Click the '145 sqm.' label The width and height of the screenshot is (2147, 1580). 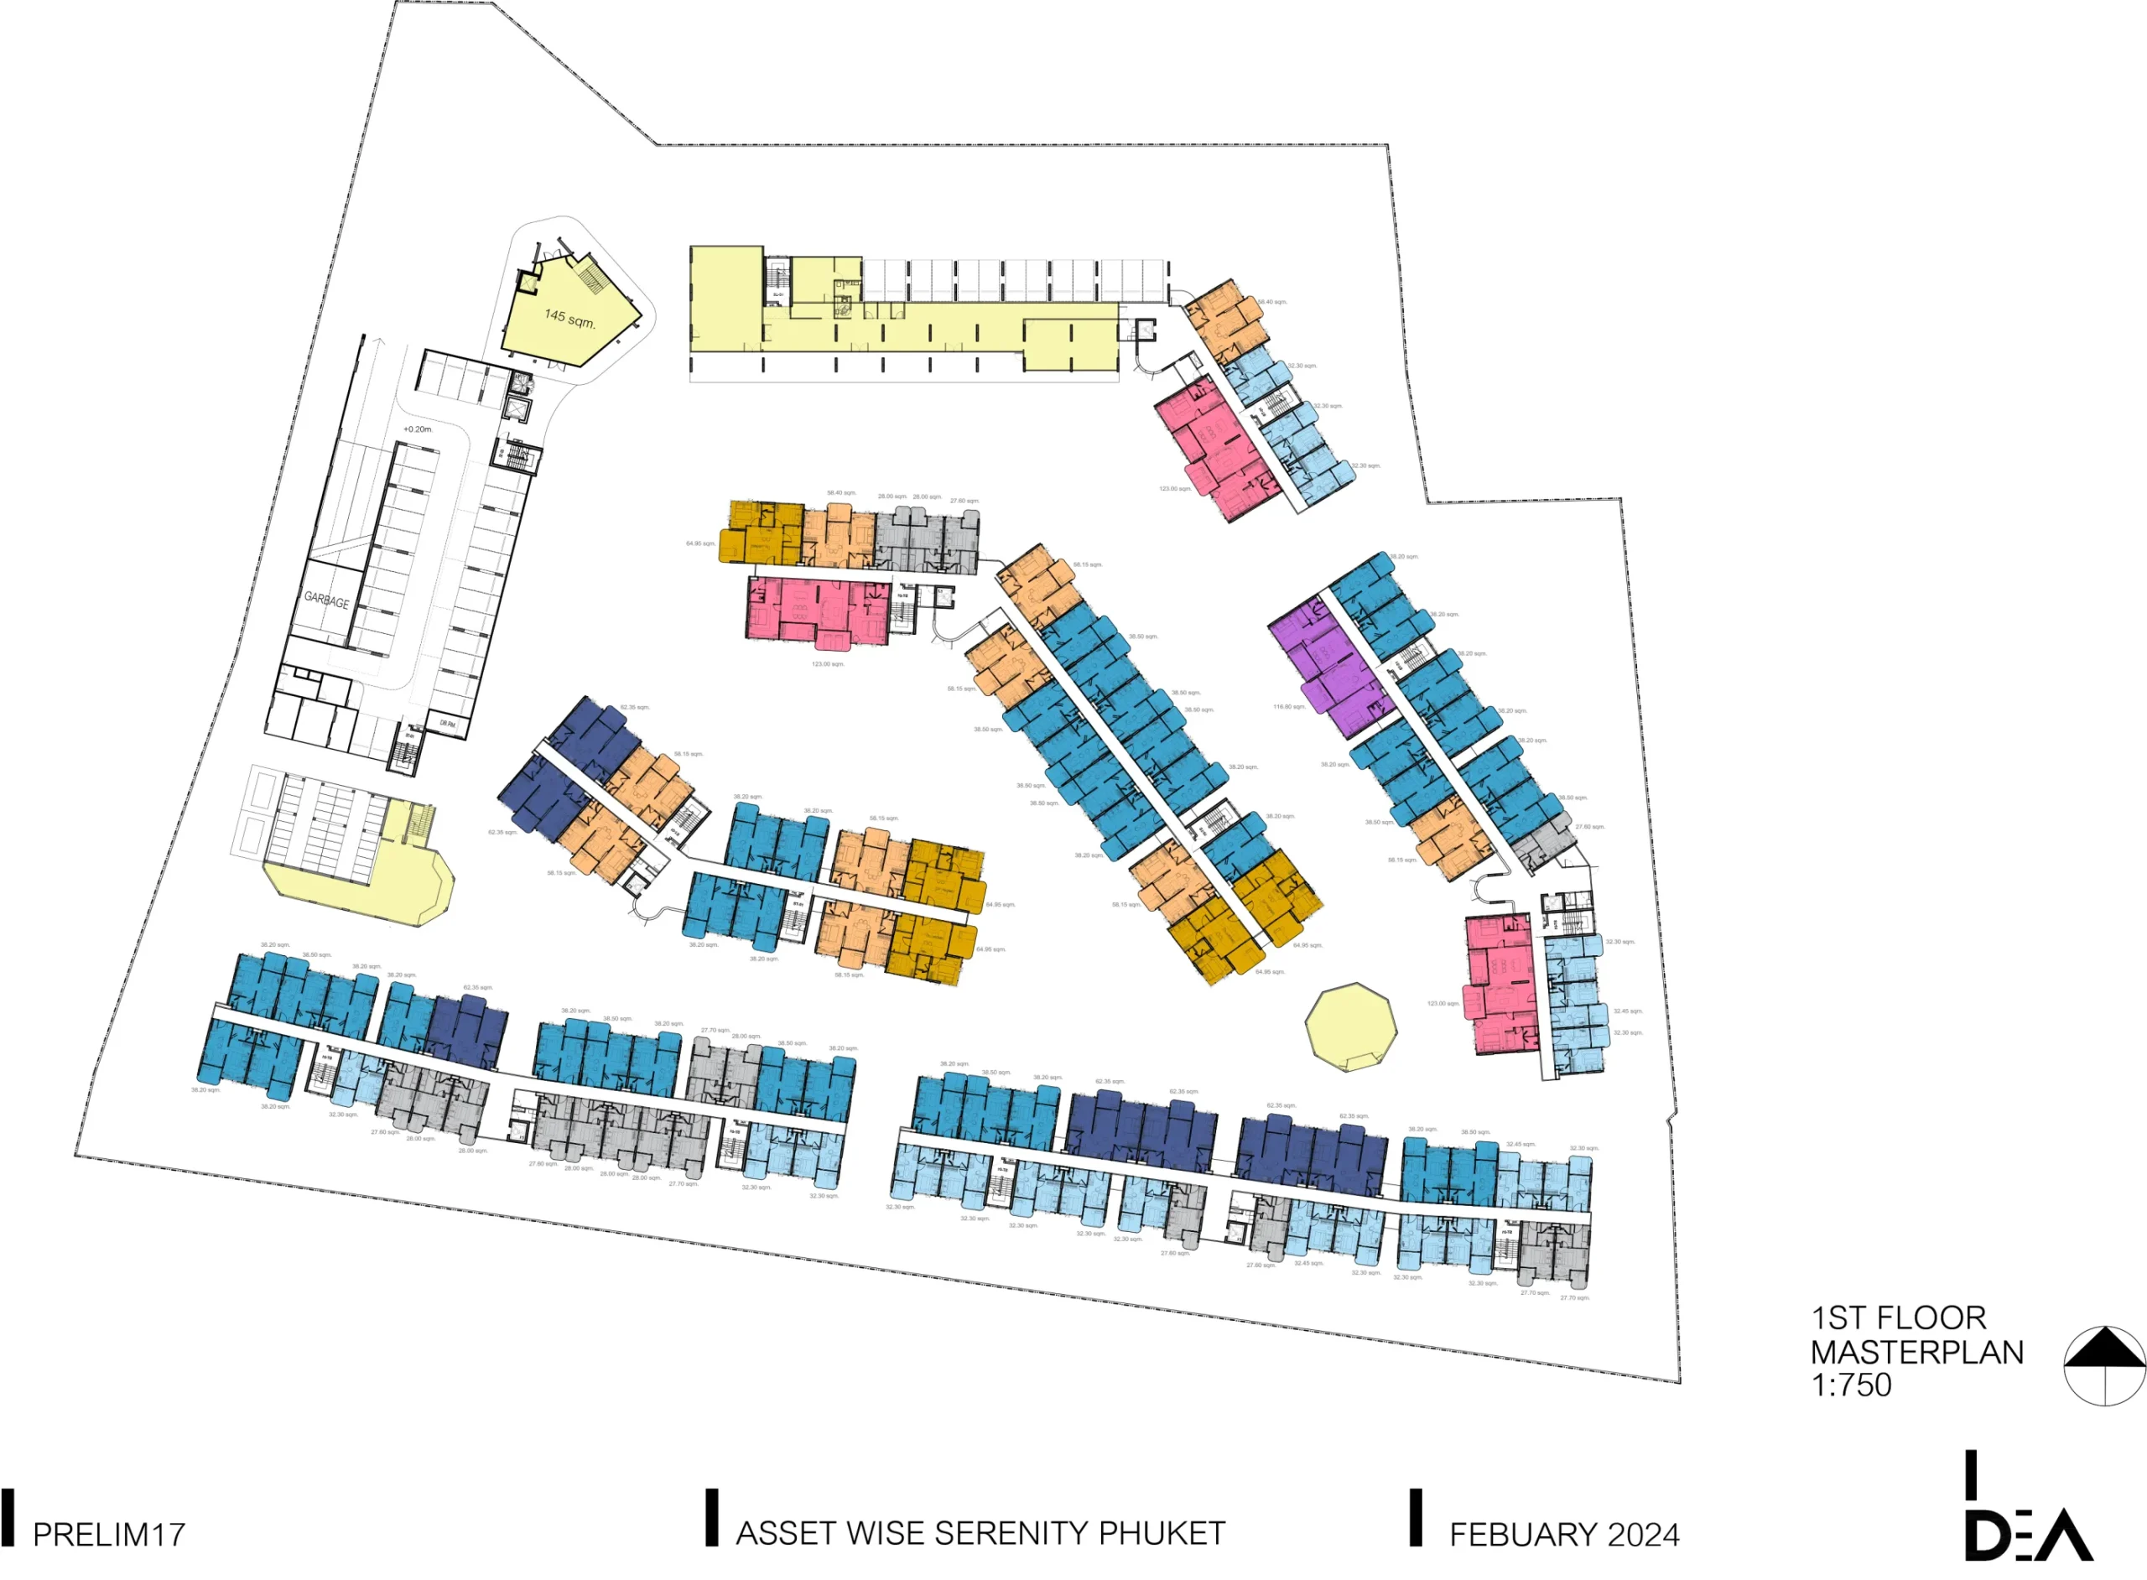pyautogui.click(x=569, y=318)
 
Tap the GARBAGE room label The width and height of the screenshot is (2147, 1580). pyautogui.click(x=326, y=600)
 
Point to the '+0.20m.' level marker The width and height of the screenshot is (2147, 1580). pyautogui.click(x=418, y=429)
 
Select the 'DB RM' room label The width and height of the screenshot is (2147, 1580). pyautogui.click(x=448, y=724)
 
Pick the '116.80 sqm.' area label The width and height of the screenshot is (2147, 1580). pyautogui.click(x=1288, y=707)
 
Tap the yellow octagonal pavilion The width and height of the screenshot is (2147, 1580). pyautogui.click(x=1350, y=1027)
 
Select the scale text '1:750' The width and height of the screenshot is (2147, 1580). pyautogui.click(x=1852, y=1385)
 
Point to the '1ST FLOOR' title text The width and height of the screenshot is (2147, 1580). pyautogui.click(x=1899, y=1318)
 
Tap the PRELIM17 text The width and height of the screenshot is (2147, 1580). pyautogui.click(x=109, y=1535)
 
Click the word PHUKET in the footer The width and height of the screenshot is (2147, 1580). pyautogui.click(x=1161, y=1534)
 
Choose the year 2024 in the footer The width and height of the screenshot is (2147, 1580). pyautogui.click(x=1644, y=1535)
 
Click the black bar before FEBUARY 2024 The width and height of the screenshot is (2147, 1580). pyautogui.click(x=1417, y=1517)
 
